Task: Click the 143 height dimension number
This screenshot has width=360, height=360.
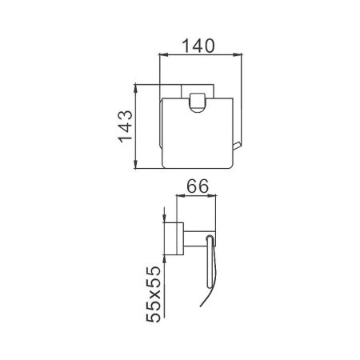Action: (x=124, y=127)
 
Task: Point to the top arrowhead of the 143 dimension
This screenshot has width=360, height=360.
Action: (x=136, y=86)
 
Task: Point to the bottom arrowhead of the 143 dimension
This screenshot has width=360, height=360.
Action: (x=136, y=166)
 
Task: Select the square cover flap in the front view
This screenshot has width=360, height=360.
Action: (x=196, y=136)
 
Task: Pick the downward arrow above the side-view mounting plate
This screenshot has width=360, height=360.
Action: (x=164, y=214)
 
